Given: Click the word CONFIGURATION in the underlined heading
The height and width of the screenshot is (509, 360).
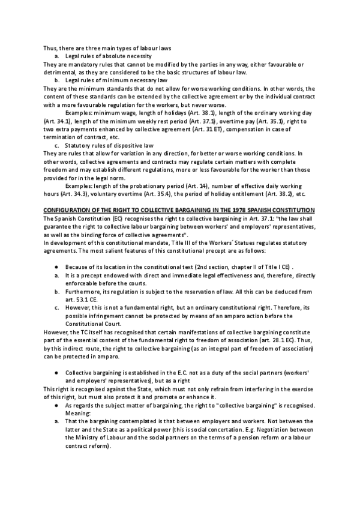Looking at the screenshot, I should tap(67, 209).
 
